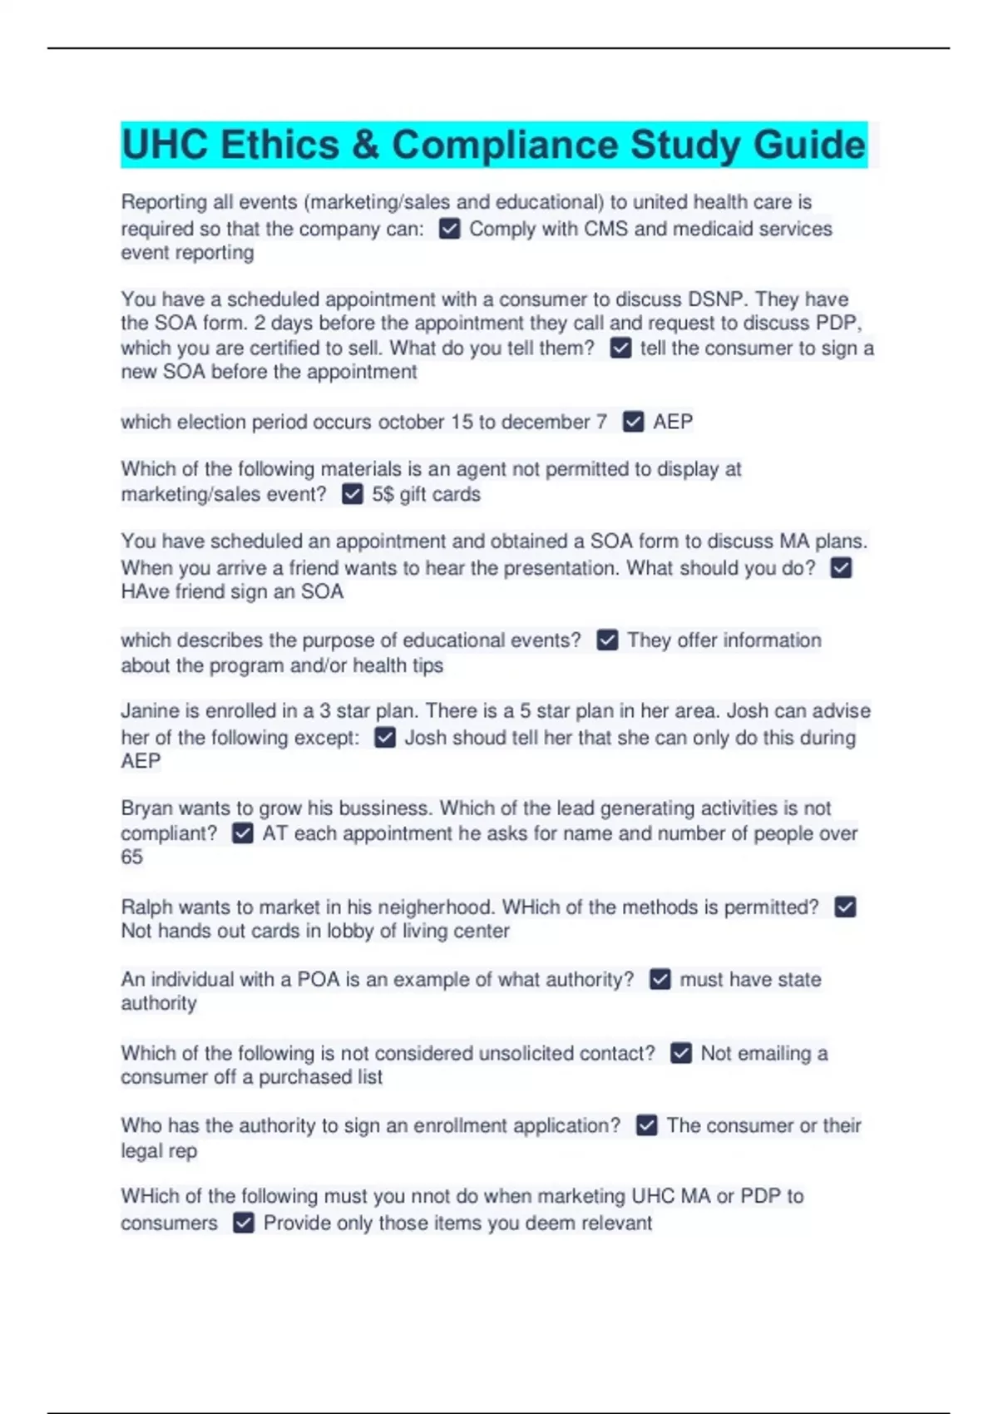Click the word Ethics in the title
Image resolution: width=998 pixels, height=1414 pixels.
click(279, 145)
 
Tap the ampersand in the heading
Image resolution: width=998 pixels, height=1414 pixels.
click(365, 145)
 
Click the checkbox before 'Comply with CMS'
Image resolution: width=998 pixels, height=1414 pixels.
click(449, 229)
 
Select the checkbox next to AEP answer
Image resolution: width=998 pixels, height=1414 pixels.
click(633, 422)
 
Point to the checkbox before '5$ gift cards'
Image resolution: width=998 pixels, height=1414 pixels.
click(353, 494)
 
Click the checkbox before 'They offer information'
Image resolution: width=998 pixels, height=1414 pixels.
click(607, 640)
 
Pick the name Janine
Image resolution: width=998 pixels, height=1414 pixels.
click(150, 711)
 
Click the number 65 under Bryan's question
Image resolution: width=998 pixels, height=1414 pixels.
click(132, 857)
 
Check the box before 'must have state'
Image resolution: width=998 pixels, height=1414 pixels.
click(660, 979)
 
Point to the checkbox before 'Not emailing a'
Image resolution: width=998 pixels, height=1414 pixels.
click(681, 1053)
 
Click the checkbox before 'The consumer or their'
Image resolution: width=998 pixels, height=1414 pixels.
click(646, 1125)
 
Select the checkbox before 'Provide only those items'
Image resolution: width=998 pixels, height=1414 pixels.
click(244, 1223)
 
